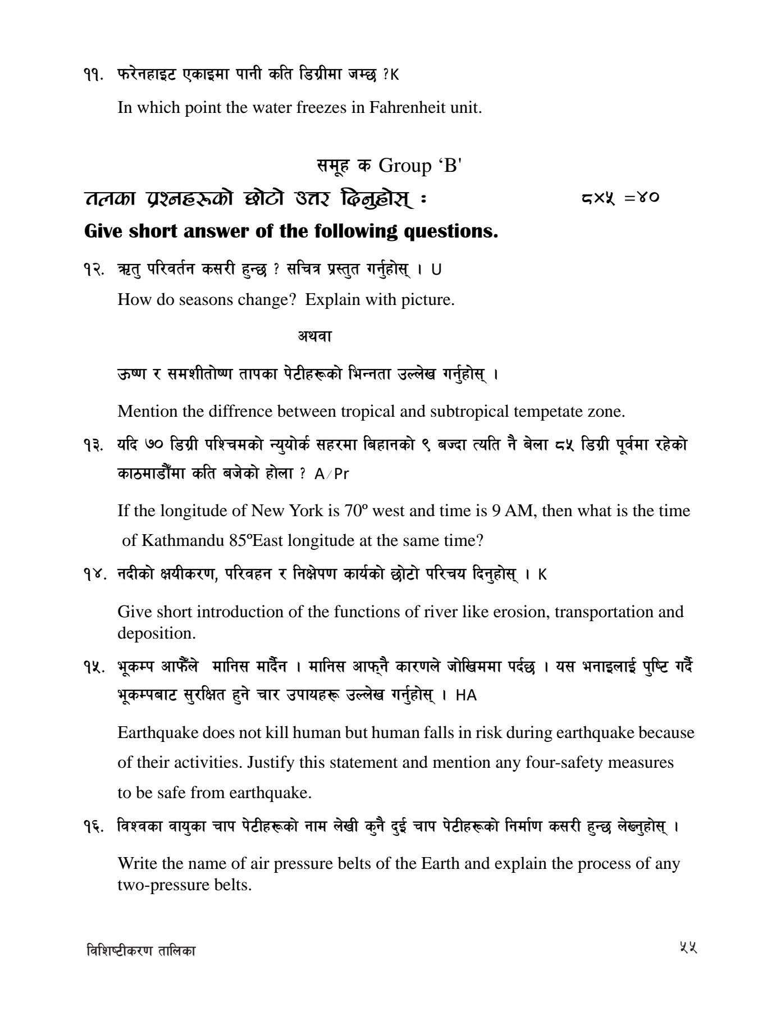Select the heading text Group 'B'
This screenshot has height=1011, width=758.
[x=420, y=166]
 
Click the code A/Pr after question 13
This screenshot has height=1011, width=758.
[x=332, y=474]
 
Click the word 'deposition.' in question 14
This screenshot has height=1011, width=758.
[x=157, y=633]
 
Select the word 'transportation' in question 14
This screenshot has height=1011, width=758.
[x=602, y=611]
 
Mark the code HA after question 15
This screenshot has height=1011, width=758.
[x=466, y=695]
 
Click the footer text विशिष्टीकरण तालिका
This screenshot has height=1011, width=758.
[x=141, y=951]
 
